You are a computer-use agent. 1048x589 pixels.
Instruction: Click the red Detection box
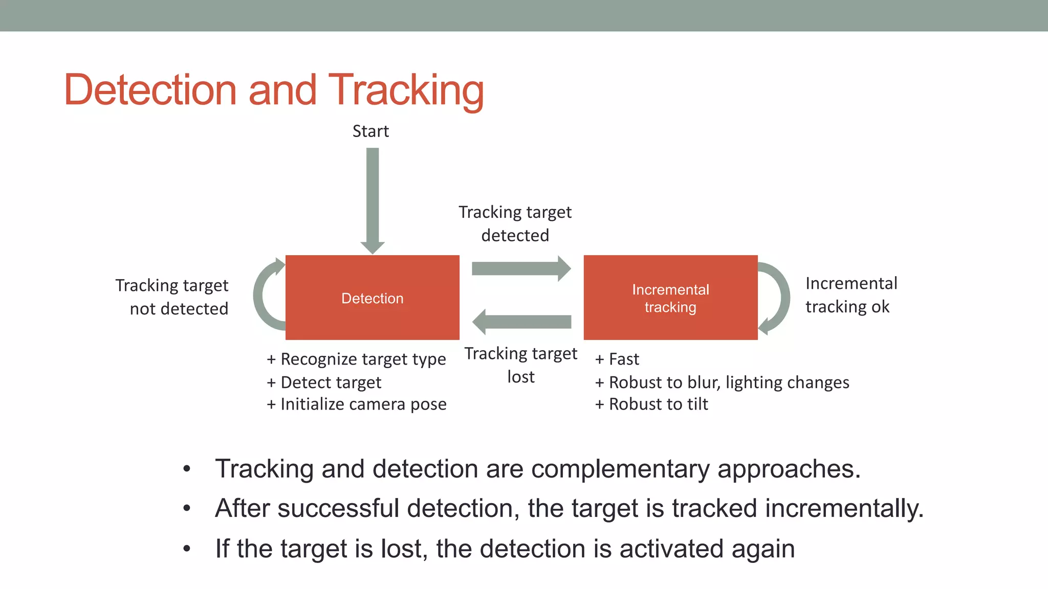pos(372,298)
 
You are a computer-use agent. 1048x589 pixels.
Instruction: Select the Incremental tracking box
pos(670,298)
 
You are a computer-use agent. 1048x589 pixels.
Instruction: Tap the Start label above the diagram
pos(370,131)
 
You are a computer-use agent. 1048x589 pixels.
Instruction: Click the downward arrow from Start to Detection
pos(373,199)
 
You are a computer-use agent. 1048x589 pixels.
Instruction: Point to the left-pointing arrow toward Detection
pos(521,322)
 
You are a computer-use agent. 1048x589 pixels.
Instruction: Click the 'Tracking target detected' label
pos(515,223)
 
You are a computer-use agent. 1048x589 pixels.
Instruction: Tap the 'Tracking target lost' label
pos(520,365)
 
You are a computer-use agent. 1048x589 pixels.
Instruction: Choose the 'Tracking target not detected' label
pos(172,297)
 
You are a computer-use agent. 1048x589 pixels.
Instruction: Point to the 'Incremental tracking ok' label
pos(851,295)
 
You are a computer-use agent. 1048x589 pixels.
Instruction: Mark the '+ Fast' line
pos(617,359)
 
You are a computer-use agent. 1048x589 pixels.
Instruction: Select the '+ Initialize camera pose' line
pos(357,404)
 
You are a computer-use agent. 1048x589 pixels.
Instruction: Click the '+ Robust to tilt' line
pos(651,404)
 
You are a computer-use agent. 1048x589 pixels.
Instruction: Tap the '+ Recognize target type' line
pos(356,359)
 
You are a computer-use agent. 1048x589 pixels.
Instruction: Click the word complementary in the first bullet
pos(620,469)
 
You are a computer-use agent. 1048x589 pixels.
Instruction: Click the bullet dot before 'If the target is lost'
pos(187,549)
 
